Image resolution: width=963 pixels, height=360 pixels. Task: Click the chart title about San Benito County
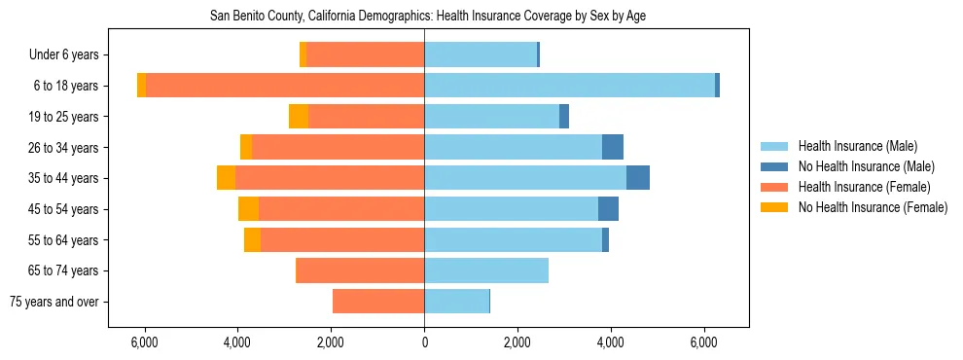428,17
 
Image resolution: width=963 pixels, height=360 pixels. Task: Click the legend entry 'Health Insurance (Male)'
857,146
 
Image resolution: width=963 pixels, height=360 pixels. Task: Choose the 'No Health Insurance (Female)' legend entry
873,207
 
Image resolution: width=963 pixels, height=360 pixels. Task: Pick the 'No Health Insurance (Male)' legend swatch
774,166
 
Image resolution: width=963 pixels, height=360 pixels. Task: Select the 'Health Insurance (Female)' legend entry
865,187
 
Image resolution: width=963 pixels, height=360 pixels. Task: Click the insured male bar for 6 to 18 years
569,86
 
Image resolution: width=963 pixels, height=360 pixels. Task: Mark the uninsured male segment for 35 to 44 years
638,178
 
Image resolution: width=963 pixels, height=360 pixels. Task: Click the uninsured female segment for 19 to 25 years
299,117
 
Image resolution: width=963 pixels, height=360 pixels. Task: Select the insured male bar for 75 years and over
456,302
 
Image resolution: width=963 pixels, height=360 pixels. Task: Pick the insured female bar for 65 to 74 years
360,270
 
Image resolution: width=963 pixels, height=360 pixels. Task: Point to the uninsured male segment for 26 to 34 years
613,147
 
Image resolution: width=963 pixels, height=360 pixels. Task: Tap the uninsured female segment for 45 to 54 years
249,209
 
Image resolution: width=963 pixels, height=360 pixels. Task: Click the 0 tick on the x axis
424,343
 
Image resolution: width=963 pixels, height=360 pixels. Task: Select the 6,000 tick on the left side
144,343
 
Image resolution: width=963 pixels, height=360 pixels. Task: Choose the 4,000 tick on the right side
611,343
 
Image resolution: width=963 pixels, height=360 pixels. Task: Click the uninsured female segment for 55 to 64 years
252,239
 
